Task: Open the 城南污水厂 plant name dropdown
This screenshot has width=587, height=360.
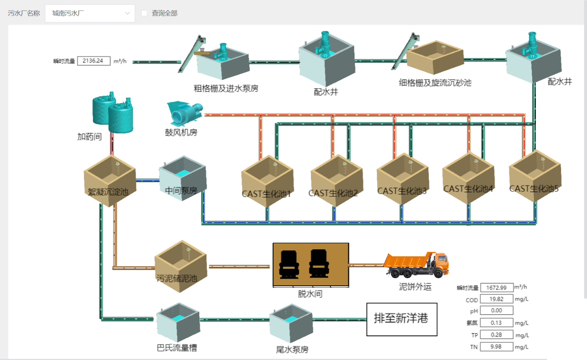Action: tap(90, 13)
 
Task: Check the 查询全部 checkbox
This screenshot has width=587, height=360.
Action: tap(144, 13)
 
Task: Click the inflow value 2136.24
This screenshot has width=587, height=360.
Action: tap(94, 61)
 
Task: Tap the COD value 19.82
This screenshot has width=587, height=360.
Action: tap(497, 299)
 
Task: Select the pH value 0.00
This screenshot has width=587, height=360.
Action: tap(497, 310)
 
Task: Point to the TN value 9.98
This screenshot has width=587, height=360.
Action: tap(497, 347)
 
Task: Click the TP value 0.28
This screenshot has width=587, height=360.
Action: tap(497, 335)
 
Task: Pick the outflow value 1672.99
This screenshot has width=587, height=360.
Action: tap(497, 288)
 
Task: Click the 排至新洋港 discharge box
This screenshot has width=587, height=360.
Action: tap(401, 319)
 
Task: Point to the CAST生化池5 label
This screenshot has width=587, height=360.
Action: tap(534, 189)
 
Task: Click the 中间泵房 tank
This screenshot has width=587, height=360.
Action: tap(182, 178)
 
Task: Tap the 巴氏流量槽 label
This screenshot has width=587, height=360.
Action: tap(177, 348)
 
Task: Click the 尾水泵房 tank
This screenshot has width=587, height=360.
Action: tap(292, 323)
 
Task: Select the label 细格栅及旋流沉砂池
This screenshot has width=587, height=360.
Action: tap(435, 83)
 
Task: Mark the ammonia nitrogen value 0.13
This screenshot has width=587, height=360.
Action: tap(497, 323)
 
